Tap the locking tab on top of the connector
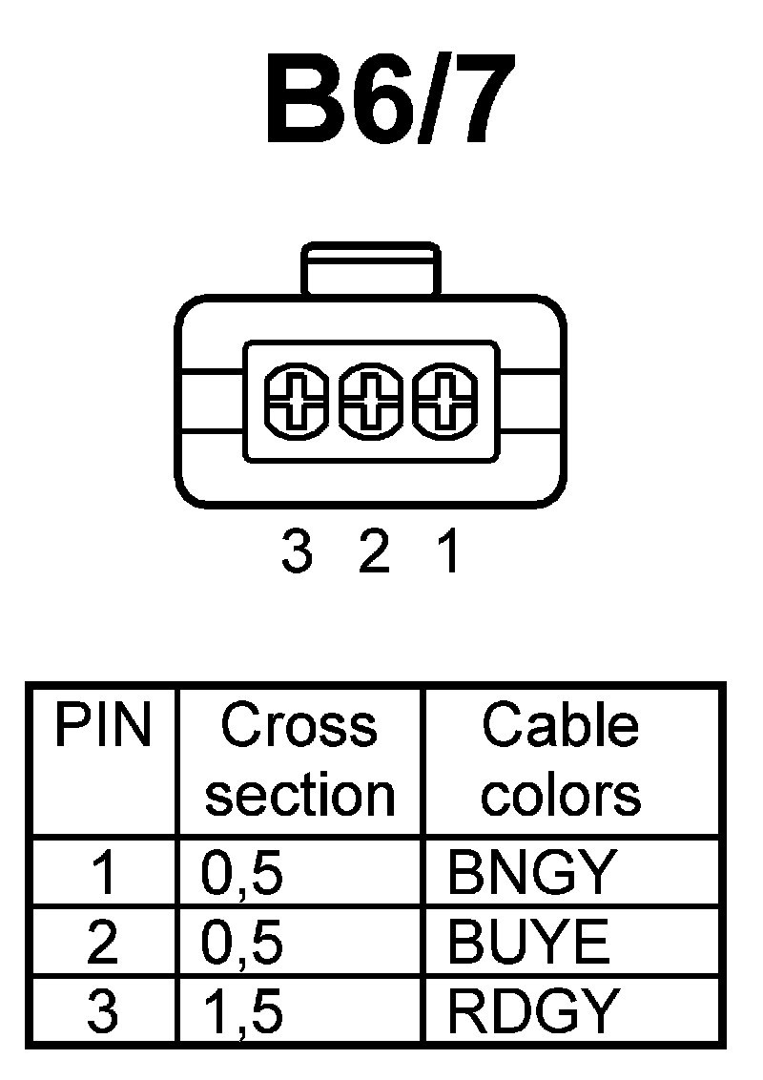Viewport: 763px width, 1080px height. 371,270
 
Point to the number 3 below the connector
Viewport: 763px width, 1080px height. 297,552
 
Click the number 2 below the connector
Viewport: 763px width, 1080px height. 373,552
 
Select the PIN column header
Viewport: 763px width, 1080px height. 102,727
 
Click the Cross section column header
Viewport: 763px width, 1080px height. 299,759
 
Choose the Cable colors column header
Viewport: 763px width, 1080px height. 561,759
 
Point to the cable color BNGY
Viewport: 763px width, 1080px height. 530,873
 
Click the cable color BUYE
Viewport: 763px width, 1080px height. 527,943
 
